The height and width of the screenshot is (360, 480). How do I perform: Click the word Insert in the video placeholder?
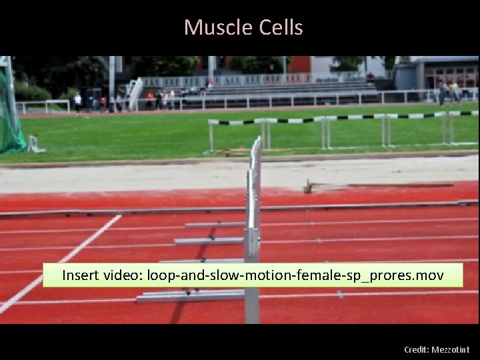(x=82, y=275)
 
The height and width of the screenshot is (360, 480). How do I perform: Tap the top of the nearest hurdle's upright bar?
(x=256, y=141)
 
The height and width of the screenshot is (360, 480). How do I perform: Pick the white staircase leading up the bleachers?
(x=135, y=93)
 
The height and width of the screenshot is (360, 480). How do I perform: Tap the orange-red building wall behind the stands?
(x=300, y=64)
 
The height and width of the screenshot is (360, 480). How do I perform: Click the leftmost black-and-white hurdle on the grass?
(x=237, y=133)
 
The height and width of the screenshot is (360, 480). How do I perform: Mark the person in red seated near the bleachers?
(x=151, y=101)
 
